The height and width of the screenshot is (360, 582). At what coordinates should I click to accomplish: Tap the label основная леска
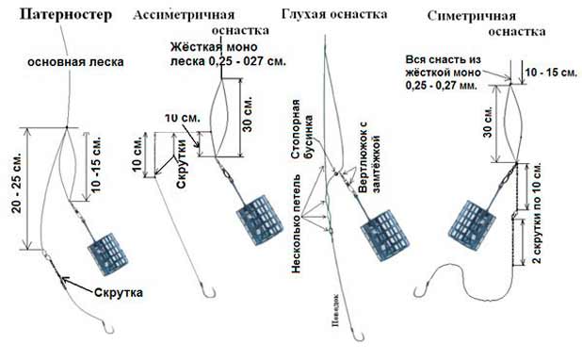(x=66, y=62)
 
